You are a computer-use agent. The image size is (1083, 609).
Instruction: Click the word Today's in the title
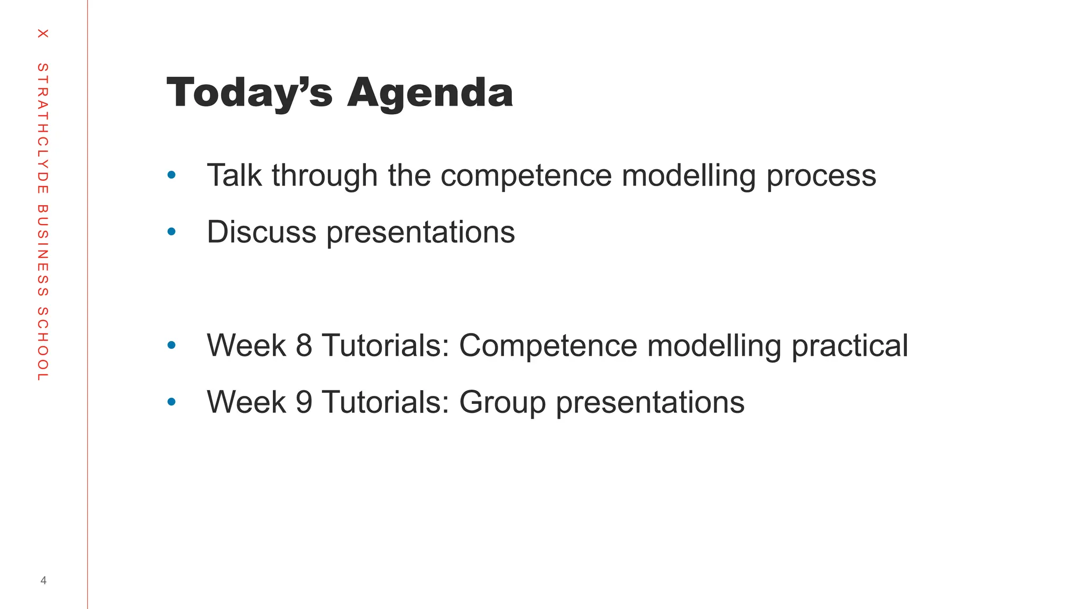(249, 93)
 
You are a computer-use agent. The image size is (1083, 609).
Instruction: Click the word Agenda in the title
(430, 93)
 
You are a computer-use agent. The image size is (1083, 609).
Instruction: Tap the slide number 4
(43, 580)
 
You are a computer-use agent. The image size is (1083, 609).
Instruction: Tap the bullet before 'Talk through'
(171, 175)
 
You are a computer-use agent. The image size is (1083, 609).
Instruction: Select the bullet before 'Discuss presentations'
(171, 232)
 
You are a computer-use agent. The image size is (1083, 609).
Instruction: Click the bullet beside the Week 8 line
(171, 345)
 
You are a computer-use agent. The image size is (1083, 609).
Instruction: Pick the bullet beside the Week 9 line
(171, 402)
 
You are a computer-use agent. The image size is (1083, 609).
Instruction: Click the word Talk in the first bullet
(234, 175)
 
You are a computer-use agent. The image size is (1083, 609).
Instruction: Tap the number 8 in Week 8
(304, 345)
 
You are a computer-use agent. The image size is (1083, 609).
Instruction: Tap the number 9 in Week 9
(304, 402)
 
